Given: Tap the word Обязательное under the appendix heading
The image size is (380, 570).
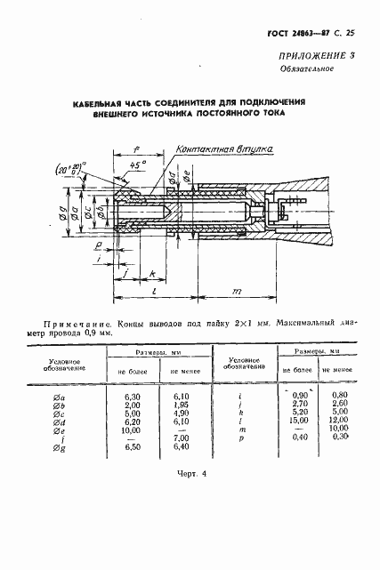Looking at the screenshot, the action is tap(303, 69).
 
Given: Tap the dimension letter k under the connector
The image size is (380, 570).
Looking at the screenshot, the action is tap(153, 272).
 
